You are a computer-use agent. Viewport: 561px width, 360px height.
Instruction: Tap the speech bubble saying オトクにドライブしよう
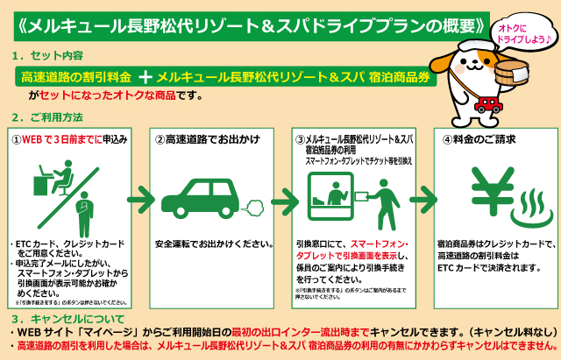coord(518,32)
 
